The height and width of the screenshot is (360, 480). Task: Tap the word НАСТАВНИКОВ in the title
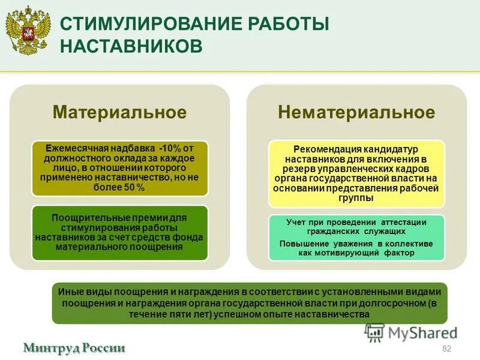tap(131, 46)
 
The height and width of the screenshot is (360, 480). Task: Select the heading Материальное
tap(119, 112)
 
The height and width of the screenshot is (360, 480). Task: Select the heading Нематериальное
tap(356, 112)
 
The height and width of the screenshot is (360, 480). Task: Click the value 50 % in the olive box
tap(134, 188)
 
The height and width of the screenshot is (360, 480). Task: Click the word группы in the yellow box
tap(356, 197)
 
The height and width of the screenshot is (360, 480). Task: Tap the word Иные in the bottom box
tap(68, 291)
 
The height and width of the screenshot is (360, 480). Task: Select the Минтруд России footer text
tap(74, 347)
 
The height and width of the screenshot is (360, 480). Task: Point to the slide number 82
tap(446, 349)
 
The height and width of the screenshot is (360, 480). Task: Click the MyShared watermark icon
tap(374, 332)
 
